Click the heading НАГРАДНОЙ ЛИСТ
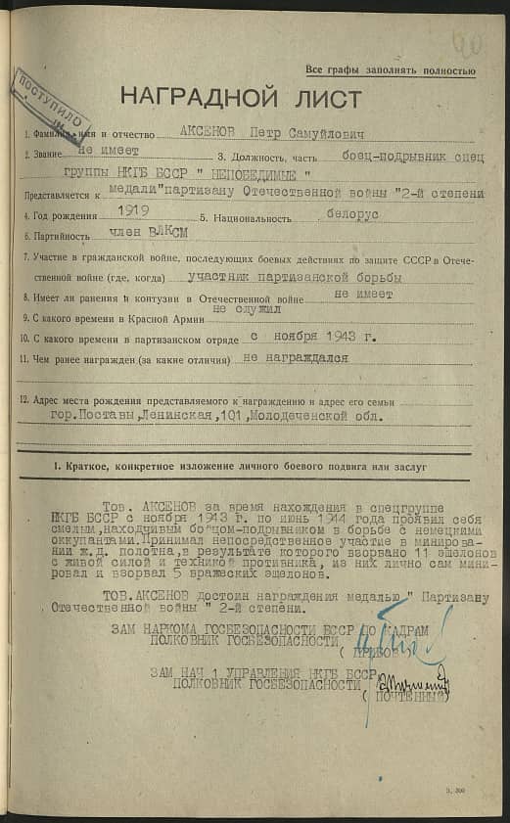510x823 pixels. click(240, 98)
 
